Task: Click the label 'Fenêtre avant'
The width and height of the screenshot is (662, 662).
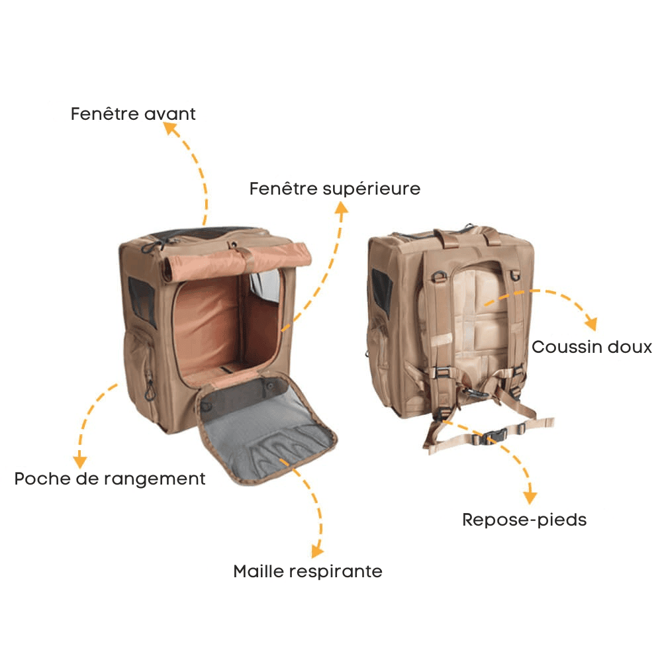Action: (x=133, y=114)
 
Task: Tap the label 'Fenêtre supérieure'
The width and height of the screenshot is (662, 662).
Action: (x=335, y=189)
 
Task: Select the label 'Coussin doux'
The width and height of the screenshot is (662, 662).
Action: (x=591, y=347)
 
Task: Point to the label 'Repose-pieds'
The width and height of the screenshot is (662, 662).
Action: (x=524, y=520)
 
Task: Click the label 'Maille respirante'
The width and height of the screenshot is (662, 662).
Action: (x=308, y=571)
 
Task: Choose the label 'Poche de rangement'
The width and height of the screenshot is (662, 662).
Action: (x=110, y=479)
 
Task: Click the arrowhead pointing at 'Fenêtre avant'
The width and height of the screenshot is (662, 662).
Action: (x=169, y=128)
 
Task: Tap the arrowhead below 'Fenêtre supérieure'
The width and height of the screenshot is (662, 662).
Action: (x=341, y=207)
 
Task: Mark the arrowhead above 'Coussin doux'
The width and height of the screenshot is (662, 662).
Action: (x=591, y=324)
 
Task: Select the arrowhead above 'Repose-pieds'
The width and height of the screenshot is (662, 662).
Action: (x=530, y=498)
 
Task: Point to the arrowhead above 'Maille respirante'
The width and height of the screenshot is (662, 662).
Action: (x=317, y=551)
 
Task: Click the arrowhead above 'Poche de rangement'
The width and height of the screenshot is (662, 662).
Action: (x=80, y=462)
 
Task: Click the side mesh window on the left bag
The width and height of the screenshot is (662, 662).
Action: (x=142, y=301)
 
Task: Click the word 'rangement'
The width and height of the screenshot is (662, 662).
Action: (x=154, y=479)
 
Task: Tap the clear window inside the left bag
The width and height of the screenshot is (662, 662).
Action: (x=265, y=286)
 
